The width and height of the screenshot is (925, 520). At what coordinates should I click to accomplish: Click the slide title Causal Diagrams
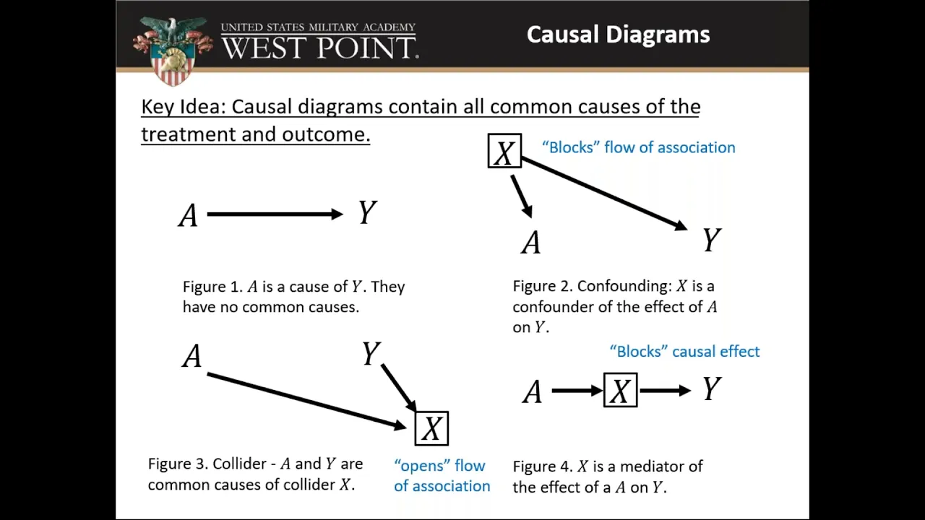click(618, 34)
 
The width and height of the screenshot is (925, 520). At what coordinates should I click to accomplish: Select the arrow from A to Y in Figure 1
click(275, 214)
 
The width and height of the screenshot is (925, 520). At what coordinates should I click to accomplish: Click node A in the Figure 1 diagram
click(189, 215)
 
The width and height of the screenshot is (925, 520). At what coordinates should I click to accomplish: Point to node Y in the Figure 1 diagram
click(367, 212)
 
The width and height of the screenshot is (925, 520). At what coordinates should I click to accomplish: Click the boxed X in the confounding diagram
click(504, 151)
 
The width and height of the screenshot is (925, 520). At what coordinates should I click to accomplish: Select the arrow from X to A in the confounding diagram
click(522, 196)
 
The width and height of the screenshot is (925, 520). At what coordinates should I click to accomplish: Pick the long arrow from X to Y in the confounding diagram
click(605, 194)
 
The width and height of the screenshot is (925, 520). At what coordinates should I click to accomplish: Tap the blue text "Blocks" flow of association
click(639, 147)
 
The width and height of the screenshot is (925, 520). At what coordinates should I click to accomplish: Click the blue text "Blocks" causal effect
click(684, 352)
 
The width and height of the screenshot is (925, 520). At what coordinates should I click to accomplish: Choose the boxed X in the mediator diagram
click(620, 390)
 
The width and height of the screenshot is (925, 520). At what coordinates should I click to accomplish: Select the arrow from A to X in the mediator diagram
click(577, 391)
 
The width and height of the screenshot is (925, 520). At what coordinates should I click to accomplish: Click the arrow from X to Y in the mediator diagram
click(666, 391)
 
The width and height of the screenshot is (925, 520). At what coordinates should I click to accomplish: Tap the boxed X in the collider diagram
click(431, 428)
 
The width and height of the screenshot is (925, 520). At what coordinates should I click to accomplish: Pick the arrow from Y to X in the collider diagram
click(399, 388)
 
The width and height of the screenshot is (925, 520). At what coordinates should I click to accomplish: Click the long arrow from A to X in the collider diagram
click(307, 401)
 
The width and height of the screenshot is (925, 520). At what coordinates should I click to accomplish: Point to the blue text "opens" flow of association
click(442, 476)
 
